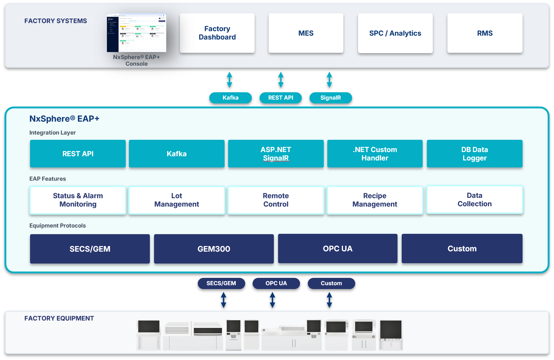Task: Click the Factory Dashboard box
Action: (x=217, y=33)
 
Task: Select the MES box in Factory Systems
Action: (x=306, y=33)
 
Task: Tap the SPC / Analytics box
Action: (x=395, y=33)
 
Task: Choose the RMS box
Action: (x=485, y=33)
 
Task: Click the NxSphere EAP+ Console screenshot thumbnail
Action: (x=136, y=33)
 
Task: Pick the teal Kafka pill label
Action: (x=230, y=98)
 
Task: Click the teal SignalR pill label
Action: (x=330, y=98)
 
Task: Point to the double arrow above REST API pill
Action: (x=280, y=80)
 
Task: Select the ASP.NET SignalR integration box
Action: (x=276, y=154)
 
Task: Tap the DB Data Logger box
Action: (x=474, y=154)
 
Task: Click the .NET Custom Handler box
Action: (x=375, y=154)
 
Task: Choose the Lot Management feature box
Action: (x=176, y=200)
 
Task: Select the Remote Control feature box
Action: (x=276, y=200)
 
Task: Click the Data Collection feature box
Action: (x=474, y=200)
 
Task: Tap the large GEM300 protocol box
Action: (x=214, y=249)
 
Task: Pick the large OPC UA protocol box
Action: (x=337, y=249)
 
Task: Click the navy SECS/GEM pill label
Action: (x=221, y=283)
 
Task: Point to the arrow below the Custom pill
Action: (x=329, y=300)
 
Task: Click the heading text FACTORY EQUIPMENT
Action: (x=59, y=318)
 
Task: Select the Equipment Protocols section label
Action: (x=58, y=226)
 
